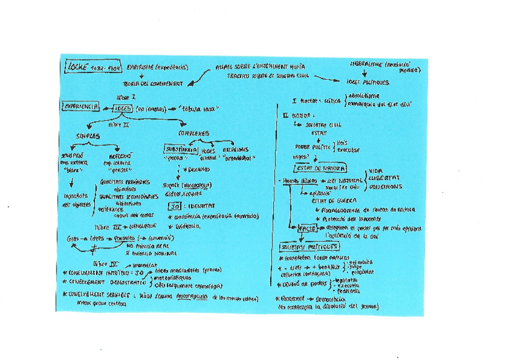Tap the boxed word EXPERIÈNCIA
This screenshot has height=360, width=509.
click(80, 107)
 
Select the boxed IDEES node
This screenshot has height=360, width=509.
click(123, 109)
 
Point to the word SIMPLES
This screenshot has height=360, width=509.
click(87, 136)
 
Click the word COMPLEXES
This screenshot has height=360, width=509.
click(193, 133)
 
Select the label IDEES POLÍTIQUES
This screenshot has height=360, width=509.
click(367, 82)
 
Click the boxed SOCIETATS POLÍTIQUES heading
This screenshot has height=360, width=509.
click(309, 247)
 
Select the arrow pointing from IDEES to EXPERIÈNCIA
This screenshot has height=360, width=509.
click(106, 109)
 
